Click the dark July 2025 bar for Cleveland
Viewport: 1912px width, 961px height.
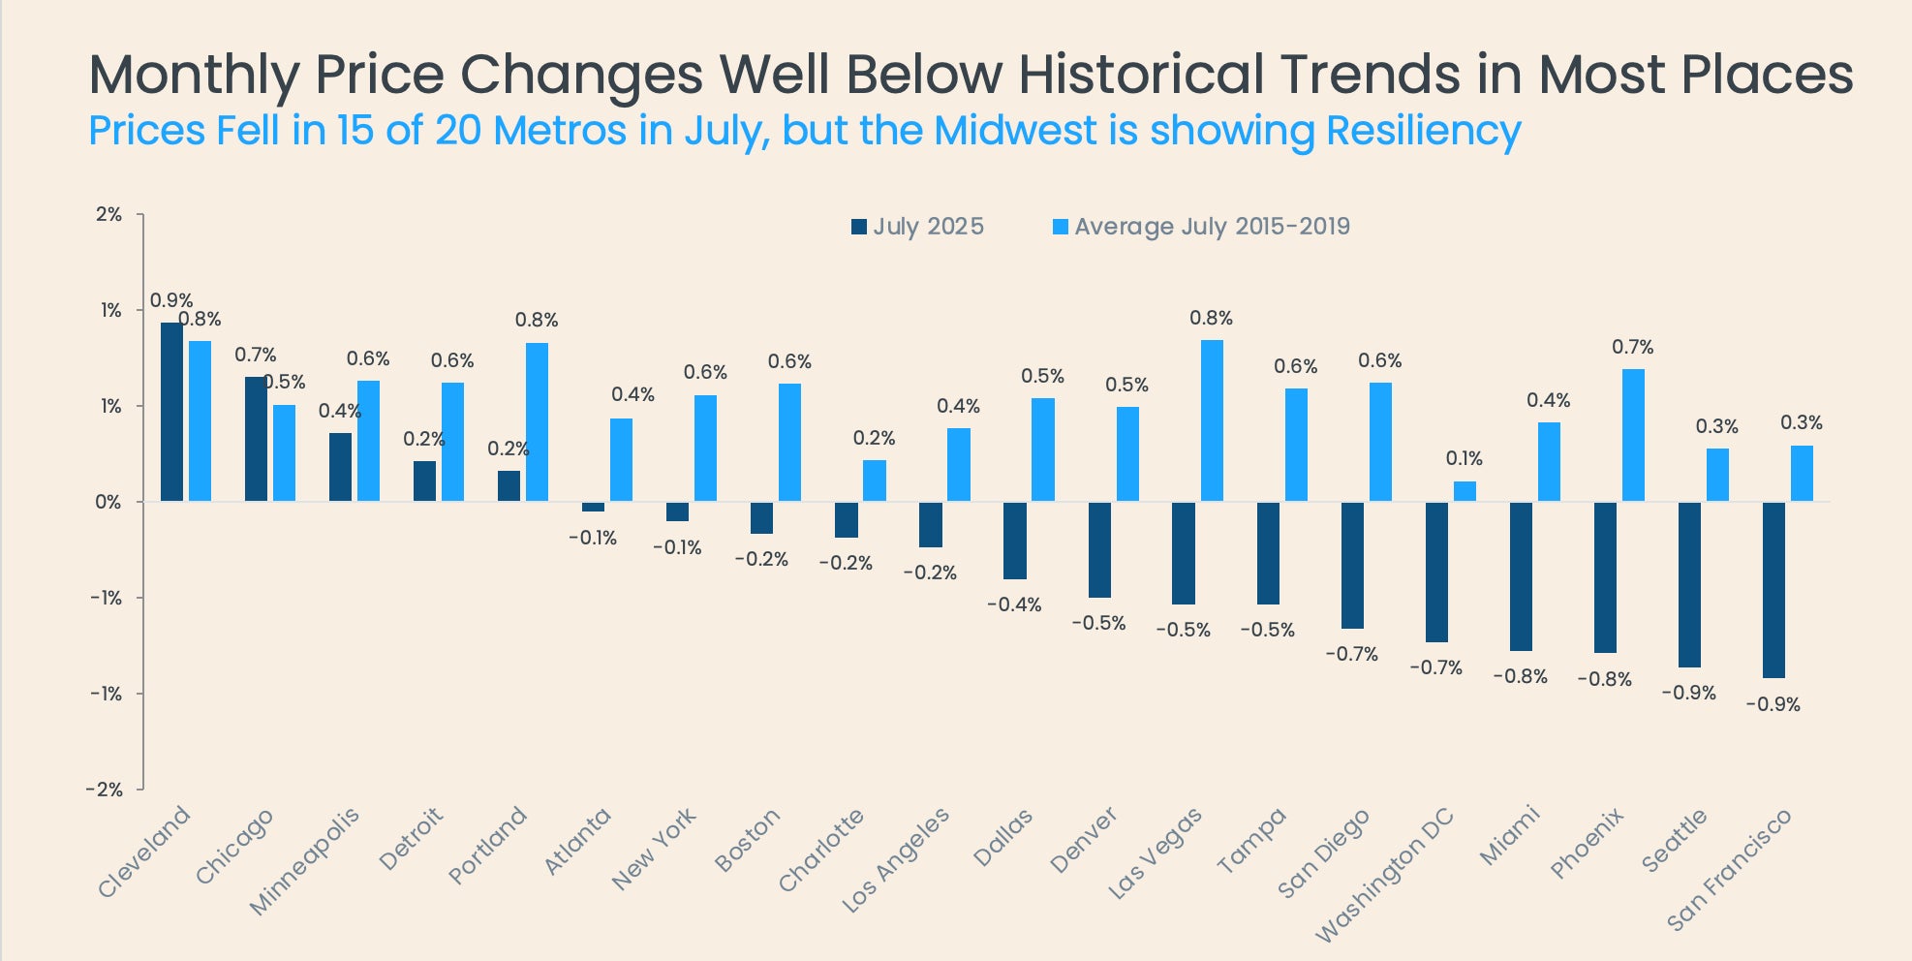tap(171, 412)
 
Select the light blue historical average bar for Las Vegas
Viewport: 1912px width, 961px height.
tap(1212, 420)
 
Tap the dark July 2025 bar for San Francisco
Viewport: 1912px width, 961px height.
tap(1773, 589)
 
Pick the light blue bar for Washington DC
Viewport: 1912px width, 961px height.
tap(1465, 491)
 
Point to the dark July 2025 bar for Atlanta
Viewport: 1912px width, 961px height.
tap(593, 507)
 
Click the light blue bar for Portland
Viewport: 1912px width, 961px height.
tap(537, 421)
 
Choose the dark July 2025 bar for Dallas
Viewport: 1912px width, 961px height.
tap(1014, 541)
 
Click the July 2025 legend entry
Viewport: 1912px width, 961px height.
tap(917, 227)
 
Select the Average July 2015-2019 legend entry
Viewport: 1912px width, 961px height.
tap(1201, 227)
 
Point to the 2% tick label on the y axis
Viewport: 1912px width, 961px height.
tap(108, 214)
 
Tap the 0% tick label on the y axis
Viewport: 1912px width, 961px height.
tap(108, 502)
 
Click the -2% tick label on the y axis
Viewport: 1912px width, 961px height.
tap(105, 790)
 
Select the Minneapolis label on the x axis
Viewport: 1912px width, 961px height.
tap(304, 860)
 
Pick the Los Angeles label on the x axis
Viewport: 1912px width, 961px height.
tap(896, 859)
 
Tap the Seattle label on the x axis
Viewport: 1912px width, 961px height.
tap(1674, 841)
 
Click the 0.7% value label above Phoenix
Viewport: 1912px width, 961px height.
tap(1632, 347)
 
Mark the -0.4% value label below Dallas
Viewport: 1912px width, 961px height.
tap(1014, 604)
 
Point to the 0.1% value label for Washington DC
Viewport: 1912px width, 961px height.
tap(1464, 458)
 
